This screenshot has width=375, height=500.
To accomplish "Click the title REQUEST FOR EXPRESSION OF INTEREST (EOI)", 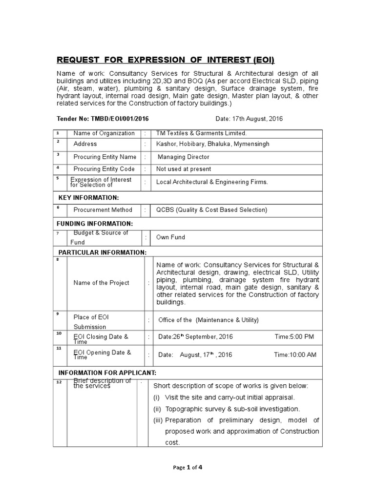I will (166, 61).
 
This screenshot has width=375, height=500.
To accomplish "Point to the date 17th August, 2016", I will (249, 119).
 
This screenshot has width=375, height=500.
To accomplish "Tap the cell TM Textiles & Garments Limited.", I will (201, 133).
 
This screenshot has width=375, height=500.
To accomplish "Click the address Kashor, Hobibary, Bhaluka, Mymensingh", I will (212, 144).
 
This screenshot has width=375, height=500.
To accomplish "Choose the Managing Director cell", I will (183, 157).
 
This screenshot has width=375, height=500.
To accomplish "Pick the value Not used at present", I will (184, 169).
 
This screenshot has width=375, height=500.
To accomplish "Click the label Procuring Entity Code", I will (104, 169).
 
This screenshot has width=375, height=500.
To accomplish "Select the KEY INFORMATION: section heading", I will (88, 197).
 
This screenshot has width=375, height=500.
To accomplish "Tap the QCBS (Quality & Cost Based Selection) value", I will (211, 210).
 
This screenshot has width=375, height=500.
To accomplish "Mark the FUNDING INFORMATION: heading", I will (96, 223).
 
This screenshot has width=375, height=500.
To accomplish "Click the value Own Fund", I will (170, 237).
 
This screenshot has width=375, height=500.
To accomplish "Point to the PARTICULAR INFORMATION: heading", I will (102, 252).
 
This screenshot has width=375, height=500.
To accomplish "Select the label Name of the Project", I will (101, 283).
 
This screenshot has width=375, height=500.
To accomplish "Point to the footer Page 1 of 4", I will (187, 467).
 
